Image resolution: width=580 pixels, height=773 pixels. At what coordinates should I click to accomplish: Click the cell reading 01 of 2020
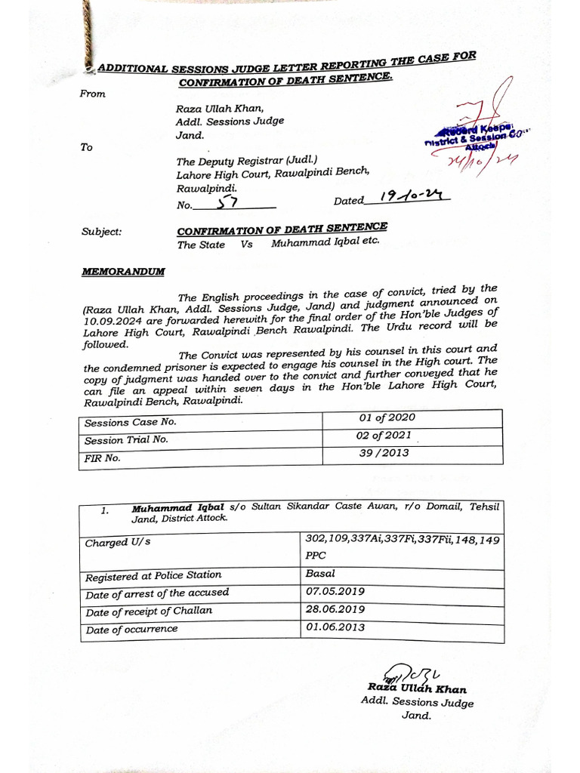coord(387,418)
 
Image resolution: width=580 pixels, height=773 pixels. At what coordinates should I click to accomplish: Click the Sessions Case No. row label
coord(130,422)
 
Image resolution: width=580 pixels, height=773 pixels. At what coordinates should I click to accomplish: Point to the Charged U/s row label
coord(118,543)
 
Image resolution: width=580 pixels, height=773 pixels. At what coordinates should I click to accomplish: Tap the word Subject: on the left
coord(101,232)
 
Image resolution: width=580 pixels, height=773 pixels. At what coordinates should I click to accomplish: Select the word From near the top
coord(93,94)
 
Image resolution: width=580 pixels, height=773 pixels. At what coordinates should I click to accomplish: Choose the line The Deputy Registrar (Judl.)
coord(247,161)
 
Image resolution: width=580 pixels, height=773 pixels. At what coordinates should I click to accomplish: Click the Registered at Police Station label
coord(153,577)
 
